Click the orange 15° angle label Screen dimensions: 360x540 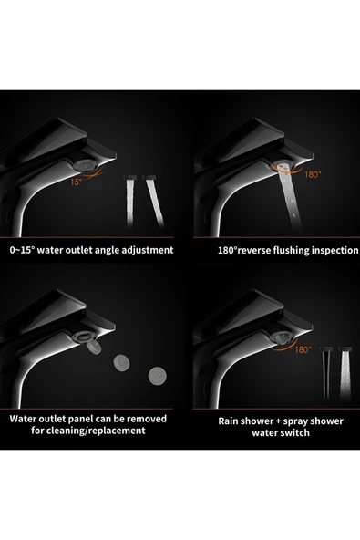coord(76,182)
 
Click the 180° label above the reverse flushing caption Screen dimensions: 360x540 coord(313,174)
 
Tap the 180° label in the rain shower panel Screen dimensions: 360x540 coord(303,350)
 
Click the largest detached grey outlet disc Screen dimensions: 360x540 coord(157,376)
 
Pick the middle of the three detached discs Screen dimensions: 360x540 coord(122,363)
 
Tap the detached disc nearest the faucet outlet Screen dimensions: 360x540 coord(94,347)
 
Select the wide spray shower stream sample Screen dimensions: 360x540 coord(345,373)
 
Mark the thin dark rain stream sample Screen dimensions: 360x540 coord(326,373)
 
